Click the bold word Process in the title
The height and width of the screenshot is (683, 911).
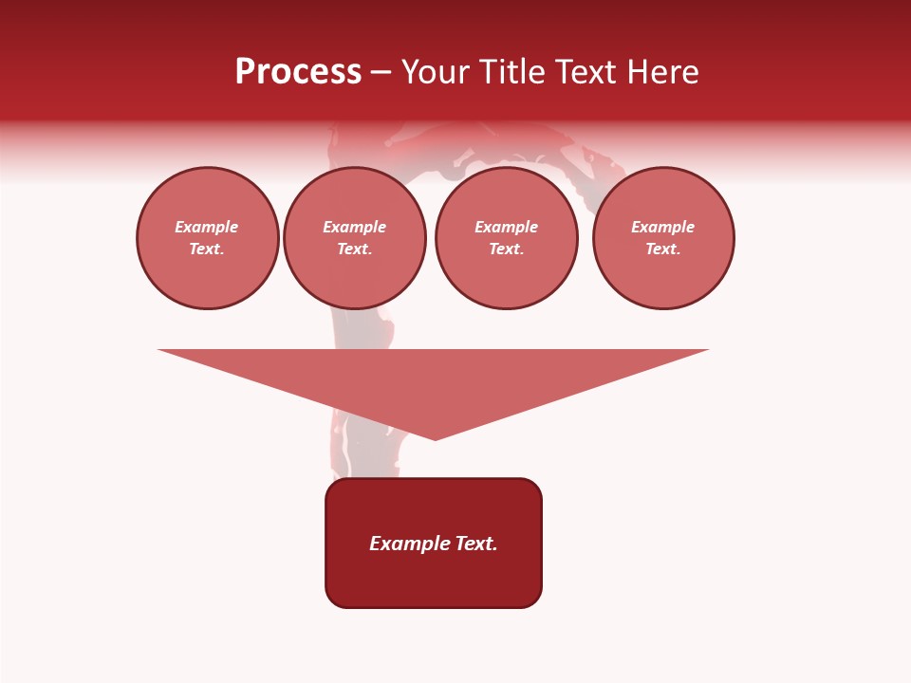298,72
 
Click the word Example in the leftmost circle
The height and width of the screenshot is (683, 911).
207,227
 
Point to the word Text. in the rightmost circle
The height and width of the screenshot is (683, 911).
663,249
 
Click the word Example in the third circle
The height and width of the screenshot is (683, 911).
507,227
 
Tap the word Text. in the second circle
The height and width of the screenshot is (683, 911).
355,249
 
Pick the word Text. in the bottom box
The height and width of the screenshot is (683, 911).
477,544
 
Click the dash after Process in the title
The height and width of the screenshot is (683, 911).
381,72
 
